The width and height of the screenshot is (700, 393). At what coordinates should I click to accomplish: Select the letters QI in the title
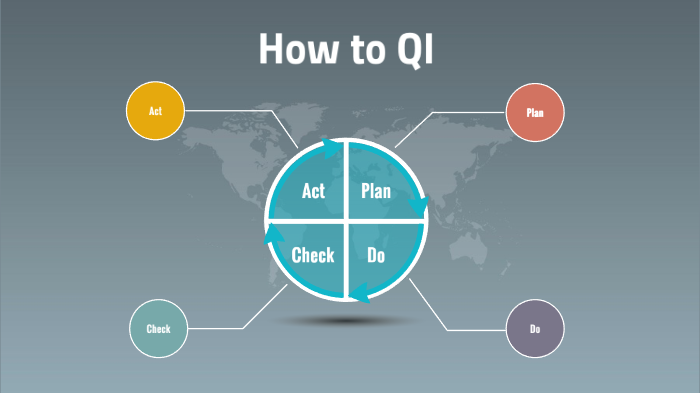click(x=418, y=48)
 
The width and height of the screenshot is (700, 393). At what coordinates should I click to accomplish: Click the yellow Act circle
click(x=155, y=111)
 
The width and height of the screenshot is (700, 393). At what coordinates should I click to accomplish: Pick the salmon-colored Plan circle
click(x=535, y=113)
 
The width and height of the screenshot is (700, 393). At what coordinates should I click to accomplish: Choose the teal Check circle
click(x=158, y=328)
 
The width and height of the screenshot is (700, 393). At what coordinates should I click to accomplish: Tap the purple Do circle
click(x=535, y=328)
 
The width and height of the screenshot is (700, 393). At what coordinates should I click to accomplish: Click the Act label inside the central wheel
click(x=313, y=191)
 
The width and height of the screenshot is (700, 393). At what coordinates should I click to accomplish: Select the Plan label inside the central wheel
click(x=376, y=191)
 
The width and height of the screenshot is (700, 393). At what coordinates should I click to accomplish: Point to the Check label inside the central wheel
click(x=312, y=255)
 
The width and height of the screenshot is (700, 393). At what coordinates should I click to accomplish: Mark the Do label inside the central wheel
click(x=376, y=255)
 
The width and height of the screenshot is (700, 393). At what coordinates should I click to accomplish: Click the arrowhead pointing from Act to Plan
click(x=331, y=148)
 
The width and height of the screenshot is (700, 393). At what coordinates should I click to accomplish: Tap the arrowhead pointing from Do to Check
click(x=360, y=293)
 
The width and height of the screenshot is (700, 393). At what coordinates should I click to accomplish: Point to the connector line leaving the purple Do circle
click(x=470, y=328)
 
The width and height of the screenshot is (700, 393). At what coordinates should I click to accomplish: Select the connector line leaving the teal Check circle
click(x=215, y=328)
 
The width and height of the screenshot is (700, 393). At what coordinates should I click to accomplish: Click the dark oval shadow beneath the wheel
click(x=346, y=320)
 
